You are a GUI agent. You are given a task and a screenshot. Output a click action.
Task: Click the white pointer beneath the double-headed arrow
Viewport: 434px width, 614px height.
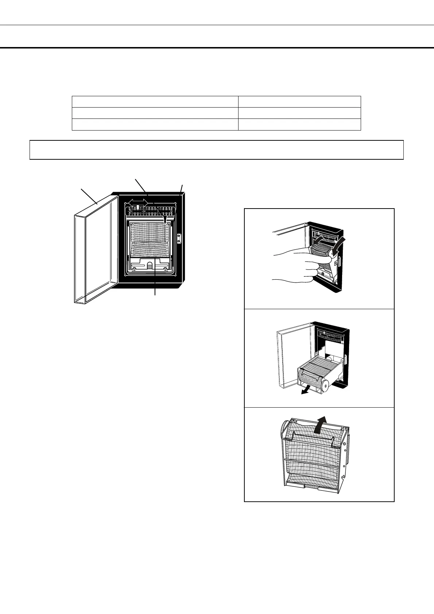[x=137, y=208]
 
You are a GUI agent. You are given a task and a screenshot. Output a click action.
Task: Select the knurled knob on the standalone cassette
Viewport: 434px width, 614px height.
[x=284, y=428]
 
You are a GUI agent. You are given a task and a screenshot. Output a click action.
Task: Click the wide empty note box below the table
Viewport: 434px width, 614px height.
[x=216, y=150]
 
